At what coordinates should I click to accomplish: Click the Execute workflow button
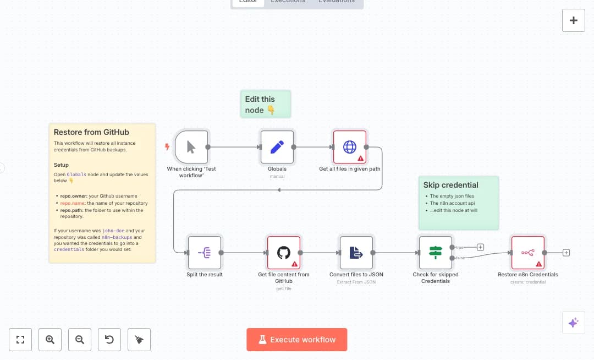click(297, 340)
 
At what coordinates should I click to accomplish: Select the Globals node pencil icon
click(277, 147)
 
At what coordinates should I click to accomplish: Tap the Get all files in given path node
click(350, 147)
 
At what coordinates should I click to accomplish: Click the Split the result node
click(205, 253)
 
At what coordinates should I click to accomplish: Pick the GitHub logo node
click(284, 253)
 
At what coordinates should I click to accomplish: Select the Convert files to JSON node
click(356, 253)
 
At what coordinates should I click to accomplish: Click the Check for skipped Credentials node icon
click(436, 253)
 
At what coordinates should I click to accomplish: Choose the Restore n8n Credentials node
click(528, 253)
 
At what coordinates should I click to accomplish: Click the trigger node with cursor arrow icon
click(191, 147)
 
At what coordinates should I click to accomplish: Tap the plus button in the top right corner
click(574, 20)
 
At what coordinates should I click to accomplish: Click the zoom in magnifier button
click(50, 340)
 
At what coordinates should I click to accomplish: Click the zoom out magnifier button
click(80, 340)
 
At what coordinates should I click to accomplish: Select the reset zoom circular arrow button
click(109, 340)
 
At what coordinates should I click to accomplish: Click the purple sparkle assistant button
click(574, 323)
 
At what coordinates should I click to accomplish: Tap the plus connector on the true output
click(480, 247)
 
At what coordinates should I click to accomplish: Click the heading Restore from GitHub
click(91, 132)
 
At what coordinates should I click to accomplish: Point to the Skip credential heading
click(450, 185)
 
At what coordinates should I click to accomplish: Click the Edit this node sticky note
click(266, 105)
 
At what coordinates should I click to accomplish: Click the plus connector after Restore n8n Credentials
click(566, 253)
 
